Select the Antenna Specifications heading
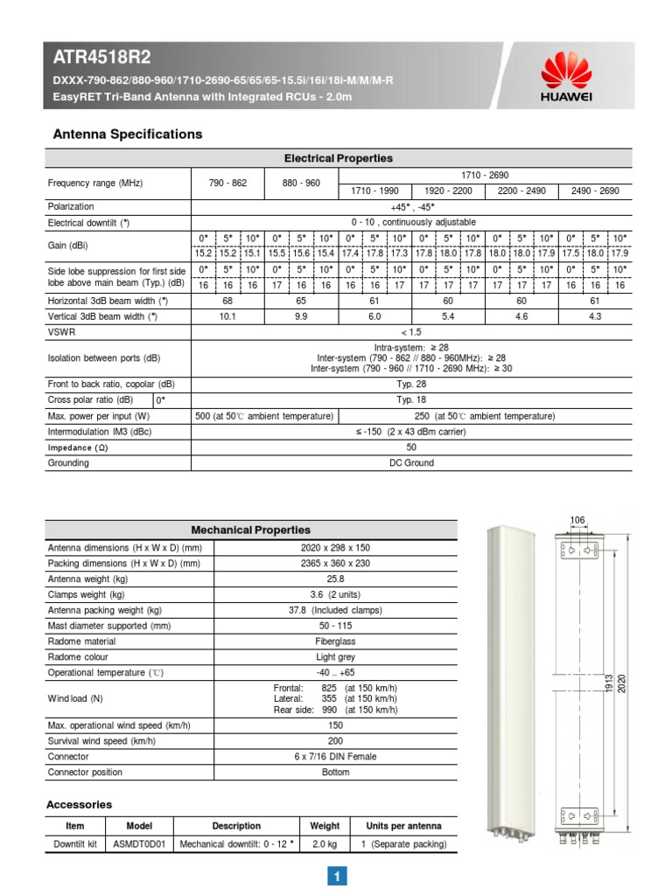128,134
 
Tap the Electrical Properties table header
339,158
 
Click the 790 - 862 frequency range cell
227,184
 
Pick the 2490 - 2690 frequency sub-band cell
594,191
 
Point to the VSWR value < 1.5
411,333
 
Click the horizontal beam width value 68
227,301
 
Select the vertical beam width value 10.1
227,316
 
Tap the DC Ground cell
411,463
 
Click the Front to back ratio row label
110,384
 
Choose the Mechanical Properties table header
250,530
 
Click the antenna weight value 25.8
335,579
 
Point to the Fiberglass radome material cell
335,642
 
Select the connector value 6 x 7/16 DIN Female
335,757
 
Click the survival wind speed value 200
335,741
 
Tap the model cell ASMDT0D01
139,844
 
